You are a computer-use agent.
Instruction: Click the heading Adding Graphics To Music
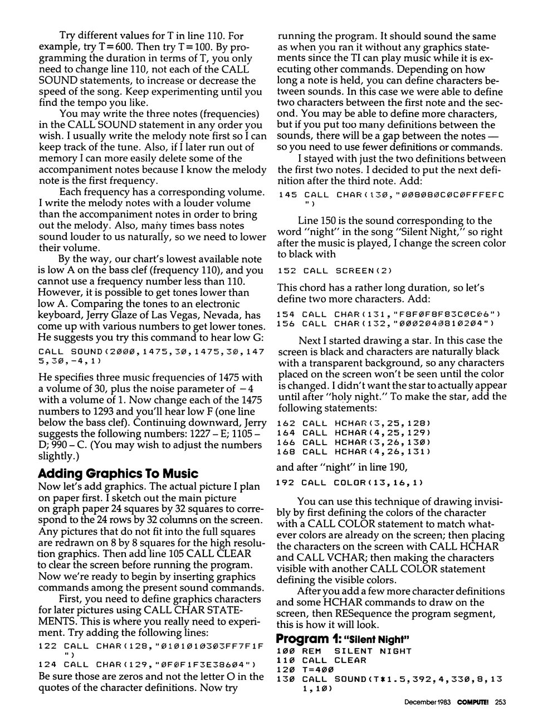118,474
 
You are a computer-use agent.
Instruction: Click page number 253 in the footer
499,703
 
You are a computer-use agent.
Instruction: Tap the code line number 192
286,483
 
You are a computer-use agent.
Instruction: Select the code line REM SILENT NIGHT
356,651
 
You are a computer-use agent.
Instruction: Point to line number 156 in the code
286,324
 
